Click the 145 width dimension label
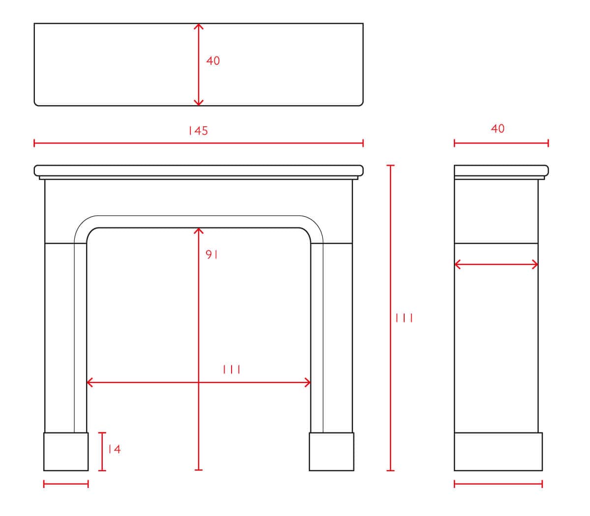click(x=198, y=131)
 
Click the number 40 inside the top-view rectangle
click(x=213, y=60)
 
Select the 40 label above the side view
click(x=498, y=129)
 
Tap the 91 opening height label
click(x=211, y=254)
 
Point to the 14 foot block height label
click(x=115, y=449)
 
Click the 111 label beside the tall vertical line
click(x=404, y=318)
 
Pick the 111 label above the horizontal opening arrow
click(x=231, y=369)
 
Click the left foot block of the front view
click(x=66, y=452)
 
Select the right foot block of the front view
click(x=331, y=452)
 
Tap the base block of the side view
click(x=498, y=452)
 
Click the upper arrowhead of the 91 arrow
click(x=199, y=230)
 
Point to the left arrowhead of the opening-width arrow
click(x=89, y=382)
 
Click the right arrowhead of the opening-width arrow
click(x=308, y=382)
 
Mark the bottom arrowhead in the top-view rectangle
click(x=199, y=103)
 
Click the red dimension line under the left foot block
click(x=66, y=484)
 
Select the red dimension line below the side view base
click(x=498, y=484)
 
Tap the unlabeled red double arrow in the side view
click(x=496, y=264)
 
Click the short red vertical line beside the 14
click(x=102, y=452)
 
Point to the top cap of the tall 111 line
click(x=390, y=166)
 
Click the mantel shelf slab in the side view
click(x=501, y=171)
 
